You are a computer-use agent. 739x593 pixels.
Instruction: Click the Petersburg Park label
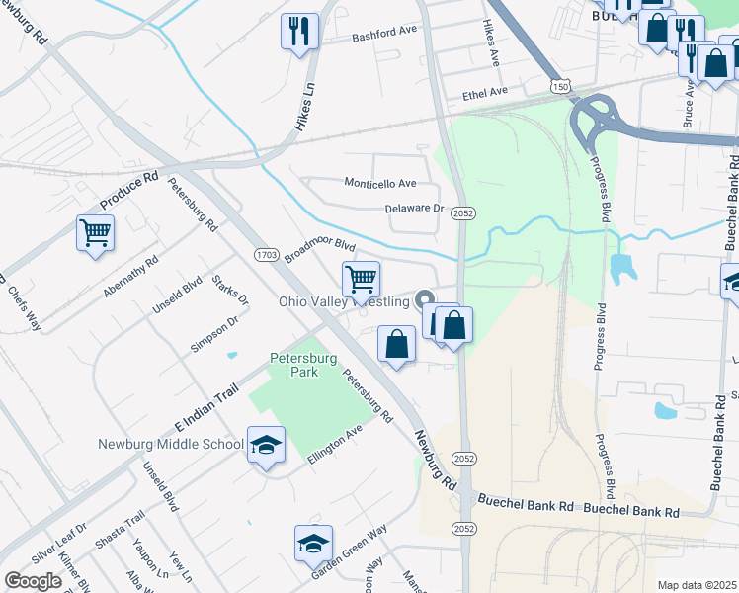pyautogui.click(x=294, y=365)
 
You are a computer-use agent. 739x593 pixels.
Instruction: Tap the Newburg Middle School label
pyautogui.click(x=171, y=444)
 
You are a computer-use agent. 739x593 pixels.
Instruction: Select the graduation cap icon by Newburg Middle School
pyautogui.click(x=266, y=446)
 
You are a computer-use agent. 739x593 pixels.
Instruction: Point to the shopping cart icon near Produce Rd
pyautogui.click(x=95, y=233)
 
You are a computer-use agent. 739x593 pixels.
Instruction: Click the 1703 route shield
pyautogui.click(x=266, y=255)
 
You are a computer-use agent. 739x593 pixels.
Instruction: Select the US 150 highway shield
pyautogui.click(x=561, y=88)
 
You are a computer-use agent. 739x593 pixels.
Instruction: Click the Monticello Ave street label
pyautogui.click(x=379, y=183)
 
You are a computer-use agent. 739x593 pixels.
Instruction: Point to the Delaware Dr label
pyautogui.click(x=415, y=209)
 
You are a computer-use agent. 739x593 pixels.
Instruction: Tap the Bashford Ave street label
pyautogui.click(x=385, y=34)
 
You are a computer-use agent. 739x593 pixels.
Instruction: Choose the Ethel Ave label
pyautogui.click(x=484, y=92)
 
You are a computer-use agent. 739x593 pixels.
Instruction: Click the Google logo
pyautogui.click(x=33, y=581)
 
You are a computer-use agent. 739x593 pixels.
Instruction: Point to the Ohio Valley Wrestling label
pyautogui.click(x=345, y=301)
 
